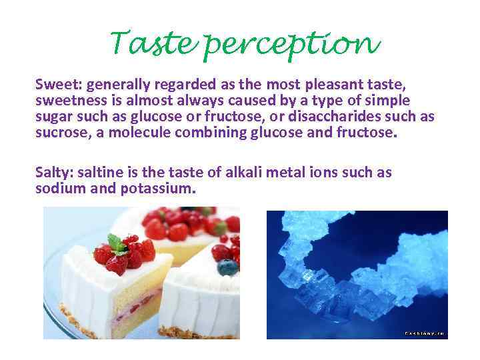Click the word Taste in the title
[x=153, y=45]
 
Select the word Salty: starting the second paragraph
[x=54, y=173]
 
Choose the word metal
[x=283, y=172]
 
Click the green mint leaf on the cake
[x=117, y=244]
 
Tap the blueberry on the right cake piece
[x=227, y=267]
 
